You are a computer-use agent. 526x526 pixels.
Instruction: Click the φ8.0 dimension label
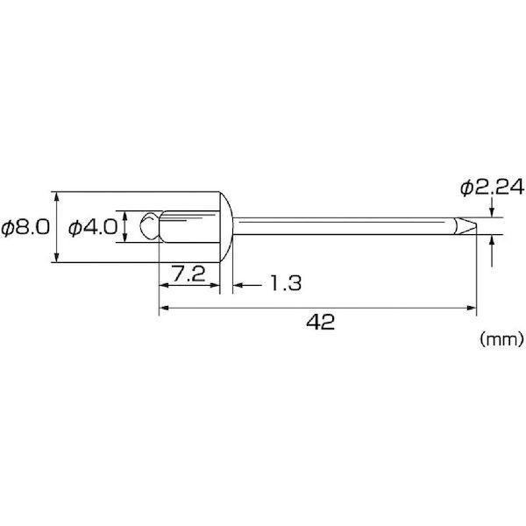(x=25, y=227)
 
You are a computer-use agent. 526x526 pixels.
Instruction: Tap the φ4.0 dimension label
(x=93, y=227)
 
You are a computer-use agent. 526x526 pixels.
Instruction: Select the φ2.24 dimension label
(x=492, y=188)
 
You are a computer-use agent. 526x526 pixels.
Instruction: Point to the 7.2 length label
(x=188, y=274)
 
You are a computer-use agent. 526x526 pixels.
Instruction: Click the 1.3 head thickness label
(x=286, y=283)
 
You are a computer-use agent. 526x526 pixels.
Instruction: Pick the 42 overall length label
(x=321, y=322)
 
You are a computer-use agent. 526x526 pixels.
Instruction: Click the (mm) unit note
(x=501, y=339)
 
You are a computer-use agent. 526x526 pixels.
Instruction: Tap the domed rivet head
(x=226, y=227)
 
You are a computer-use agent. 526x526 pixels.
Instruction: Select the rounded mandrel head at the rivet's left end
(x=150, y=226)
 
